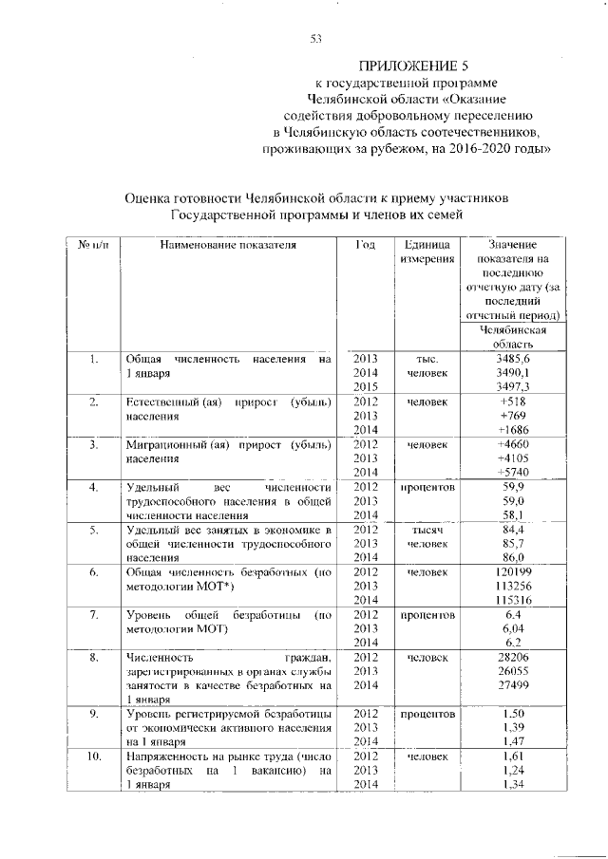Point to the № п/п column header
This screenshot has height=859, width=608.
[93, 245]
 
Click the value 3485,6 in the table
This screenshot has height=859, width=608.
[513, 360]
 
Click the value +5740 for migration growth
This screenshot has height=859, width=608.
[513, 472]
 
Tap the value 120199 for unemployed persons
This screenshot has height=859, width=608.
[513, 573]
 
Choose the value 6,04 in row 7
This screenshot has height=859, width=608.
[513, 628]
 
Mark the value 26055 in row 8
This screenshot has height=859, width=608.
[513, 670]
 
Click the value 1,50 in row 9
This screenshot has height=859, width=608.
[513, 713]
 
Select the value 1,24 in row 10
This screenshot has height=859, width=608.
[513, 771]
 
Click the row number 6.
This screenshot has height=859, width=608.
[93, 573]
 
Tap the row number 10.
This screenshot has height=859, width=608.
[93, 756]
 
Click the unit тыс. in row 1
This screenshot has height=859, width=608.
[427, 360]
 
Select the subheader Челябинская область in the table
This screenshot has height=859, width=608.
[513, 337]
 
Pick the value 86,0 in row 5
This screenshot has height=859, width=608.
[513, 558]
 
